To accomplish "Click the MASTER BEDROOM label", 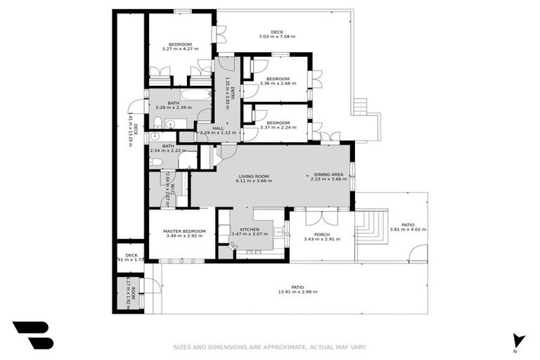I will (x=184, y=231).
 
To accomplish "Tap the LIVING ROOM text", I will (x=254, y=176).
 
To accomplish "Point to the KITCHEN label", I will (x=250, y=230).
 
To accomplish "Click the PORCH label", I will (x=321, y=234).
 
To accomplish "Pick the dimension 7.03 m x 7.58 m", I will (x=276, y=37).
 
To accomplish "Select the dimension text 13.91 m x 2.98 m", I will (x=297, y=292).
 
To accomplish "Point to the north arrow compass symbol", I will (x=519, y=341).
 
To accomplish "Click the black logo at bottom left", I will (x=32, y=335).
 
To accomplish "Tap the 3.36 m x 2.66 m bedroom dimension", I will (x=278, y=84).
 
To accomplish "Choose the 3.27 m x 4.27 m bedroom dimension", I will (x=180, y=49).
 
